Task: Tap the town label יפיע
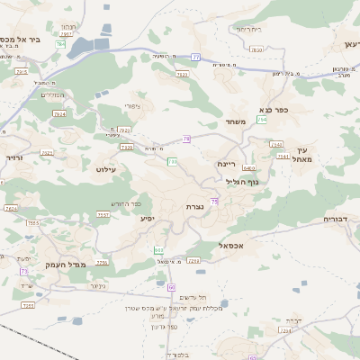pyautogui.click(x=148, y=219)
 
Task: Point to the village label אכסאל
pyautogui.click(x=232, y=244)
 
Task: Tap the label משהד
pyautogui.click(x=236, y=122)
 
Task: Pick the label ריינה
pyautogui.click(x=226, y=164)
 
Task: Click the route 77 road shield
pyautogui.click(x=195, y=57)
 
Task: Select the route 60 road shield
pyautogui.click(x=171, y=285)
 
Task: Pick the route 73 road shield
pyautogui.click(x=24, y=270)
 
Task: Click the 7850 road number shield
pyautogui.click(x=256, y=50)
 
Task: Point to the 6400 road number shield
pyautogui.click(x=248, y=168)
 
